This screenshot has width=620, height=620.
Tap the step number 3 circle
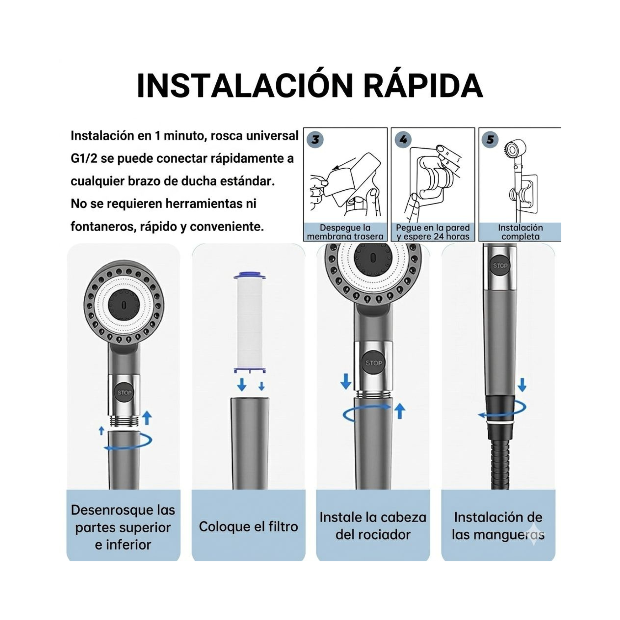click(x=315, y=139)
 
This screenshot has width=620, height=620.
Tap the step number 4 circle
click(x=403, y=139)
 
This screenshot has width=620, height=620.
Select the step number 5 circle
click(x=490, y=139)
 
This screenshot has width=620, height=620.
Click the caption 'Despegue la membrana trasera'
click(x=345, y=232)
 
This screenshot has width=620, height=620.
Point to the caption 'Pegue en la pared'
click(x=432, y=228)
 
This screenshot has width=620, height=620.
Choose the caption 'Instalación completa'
click(x=520, y=232)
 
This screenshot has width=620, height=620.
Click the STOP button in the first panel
click(x=124, y=393)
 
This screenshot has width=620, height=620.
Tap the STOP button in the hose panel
click(x=500, y=266)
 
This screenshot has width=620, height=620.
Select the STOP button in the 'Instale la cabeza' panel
click(x=374, y=363)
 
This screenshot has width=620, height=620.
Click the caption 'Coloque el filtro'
click(x=248, y=527)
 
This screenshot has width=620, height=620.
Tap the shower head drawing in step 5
click(x=516, y=150)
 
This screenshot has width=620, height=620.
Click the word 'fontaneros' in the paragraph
click(x=98, y=227)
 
